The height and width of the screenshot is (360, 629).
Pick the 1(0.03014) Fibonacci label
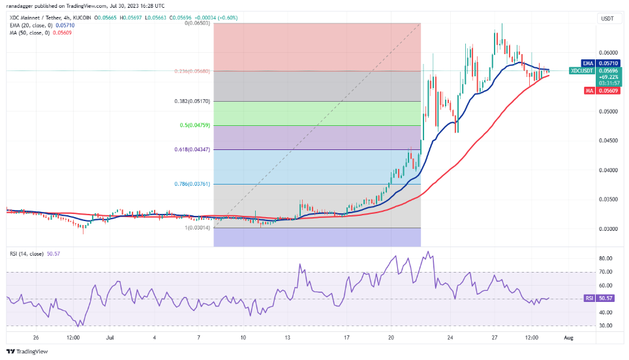(200, 228)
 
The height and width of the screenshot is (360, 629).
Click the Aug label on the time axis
(569, 338)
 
